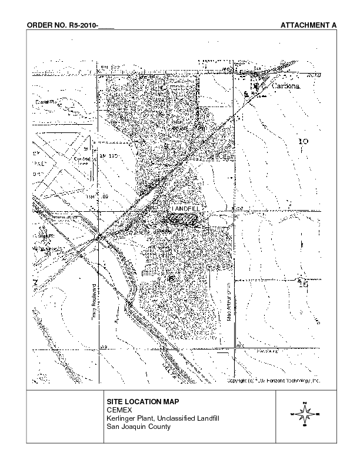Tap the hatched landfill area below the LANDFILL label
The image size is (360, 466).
pos(182,219)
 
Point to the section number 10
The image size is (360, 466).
pos(304,141)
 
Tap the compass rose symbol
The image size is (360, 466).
pos(305,415)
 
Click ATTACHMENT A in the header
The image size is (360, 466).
pos(308,26)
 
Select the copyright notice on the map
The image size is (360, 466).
pos(274,381)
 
